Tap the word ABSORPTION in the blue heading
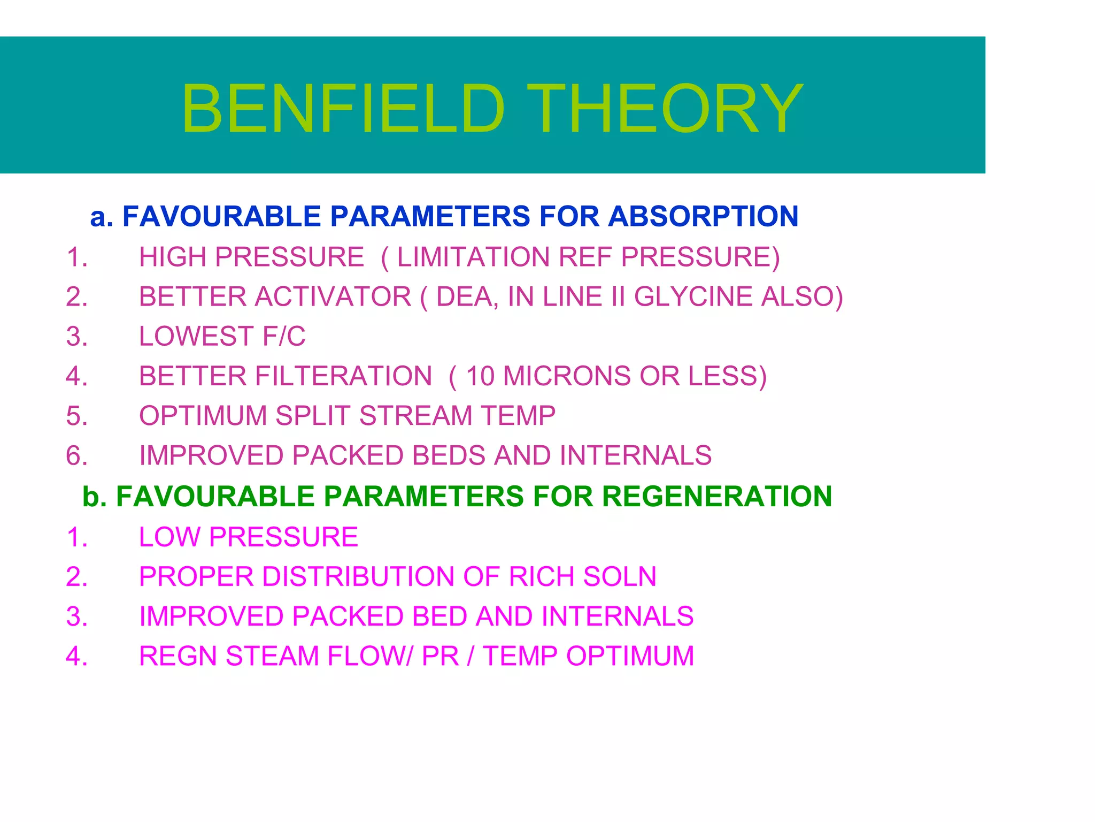click(703, 217)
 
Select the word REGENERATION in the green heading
click(716, 497)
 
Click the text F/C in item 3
click(284, 337)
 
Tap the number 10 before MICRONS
click(480, 376)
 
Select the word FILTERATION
click(343, 376)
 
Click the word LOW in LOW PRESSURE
click(169, 537)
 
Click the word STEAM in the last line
click(272, 656)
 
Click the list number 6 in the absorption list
click(76, 456)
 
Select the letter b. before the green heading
click(95, 497)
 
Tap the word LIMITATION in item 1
click(473, 257)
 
